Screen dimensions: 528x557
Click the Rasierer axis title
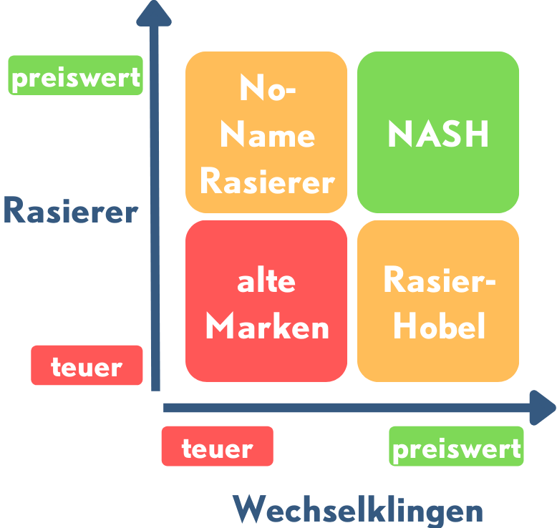tap(70, 212)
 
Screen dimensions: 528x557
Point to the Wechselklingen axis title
tap(357, 511)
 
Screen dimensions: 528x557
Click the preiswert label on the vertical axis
tap(75, 76)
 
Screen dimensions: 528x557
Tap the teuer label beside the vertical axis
tap(87, 366)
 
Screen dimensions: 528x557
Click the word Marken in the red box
tap(266, 326)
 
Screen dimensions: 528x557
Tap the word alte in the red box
tap(266, 281)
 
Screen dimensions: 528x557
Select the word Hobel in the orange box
tap(439, 326)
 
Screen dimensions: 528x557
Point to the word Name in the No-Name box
tap(266, 135)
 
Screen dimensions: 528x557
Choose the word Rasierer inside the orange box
tap(266, 181)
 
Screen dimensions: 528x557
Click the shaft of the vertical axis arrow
tap(154, 215)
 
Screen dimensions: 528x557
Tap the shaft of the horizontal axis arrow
tap(344, 408)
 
